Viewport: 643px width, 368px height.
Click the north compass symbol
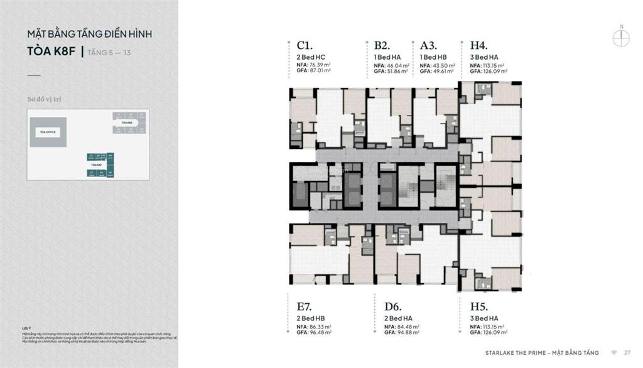tap(621, 36)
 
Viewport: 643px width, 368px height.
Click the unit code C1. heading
tap(305, 45)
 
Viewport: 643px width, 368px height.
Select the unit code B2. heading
tap(382, 45)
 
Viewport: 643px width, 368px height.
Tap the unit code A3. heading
tap(429, 45)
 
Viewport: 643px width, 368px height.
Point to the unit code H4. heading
tap(479, 45)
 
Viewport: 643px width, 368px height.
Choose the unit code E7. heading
tap(305, 306)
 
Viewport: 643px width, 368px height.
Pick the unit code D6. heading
tap(392, 306)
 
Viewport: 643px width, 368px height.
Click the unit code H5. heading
tap(479, 306)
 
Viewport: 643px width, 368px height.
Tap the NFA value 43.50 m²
tap(443, 65)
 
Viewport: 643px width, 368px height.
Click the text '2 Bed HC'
tap(309, 57)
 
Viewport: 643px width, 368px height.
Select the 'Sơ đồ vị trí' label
tap(45, 99)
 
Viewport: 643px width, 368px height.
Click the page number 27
tap(627, 352)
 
